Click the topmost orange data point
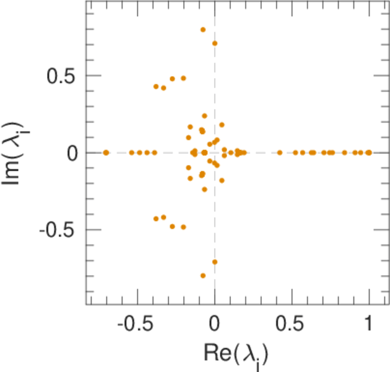point(202,30)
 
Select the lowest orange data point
point(202,275)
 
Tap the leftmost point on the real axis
point(106,152)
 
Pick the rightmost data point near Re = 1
point(370,152)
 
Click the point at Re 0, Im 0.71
point(215,43)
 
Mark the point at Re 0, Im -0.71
point(215,262)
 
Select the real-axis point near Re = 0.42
point(280,152)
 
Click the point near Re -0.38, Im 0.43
point(156,86)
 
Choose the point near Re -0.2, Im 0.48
point(183,78)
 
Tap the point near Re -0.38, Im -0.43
point(156,218)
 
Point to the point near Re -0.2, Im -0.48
point(183,227)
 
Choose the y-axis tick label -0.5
point(60,229)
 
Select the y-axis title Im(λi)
point(19,153)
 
